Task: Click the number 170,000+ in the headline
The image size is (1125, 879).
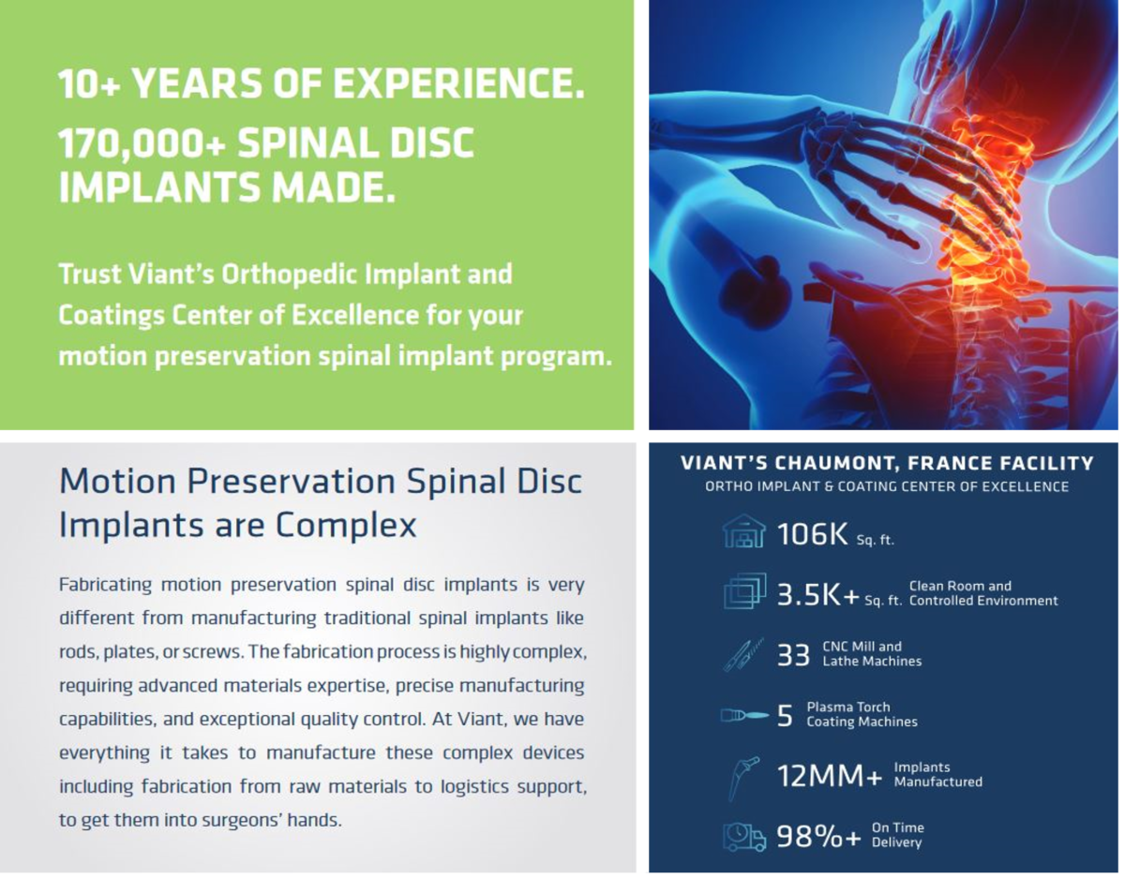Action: coord(142,143)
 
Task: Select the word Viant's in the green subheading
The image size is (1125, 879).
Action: coord(171,274)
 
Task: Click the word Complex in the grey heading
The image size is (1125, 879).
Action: coord(346,526)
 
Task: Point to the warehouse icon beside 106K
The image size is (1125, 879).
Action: coord(743,530)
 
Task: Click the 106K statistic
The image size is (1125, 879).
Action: coord(812,534)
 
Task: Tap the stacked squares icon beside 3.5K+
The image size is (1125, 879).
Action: coord(744,591)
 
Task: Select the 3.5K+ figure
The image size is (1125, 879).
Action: coord(818,595)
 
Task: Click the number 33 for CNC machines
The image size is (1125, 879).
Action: coord(793,655)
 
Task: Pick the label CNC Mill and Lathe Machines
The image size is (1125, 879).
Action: coord(872,654)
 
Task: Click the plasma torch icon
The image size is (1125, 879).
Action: coord(744,716)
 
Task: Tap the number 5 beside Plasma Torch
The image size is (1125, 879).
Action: coord(785,716)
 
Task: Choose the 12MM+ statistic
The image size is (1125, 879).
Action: coord(830,776)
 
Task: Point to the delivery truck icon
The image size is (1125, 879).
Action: coord(744,837)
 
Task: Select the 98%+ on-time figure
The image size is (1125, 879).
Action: coord(818,836)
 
